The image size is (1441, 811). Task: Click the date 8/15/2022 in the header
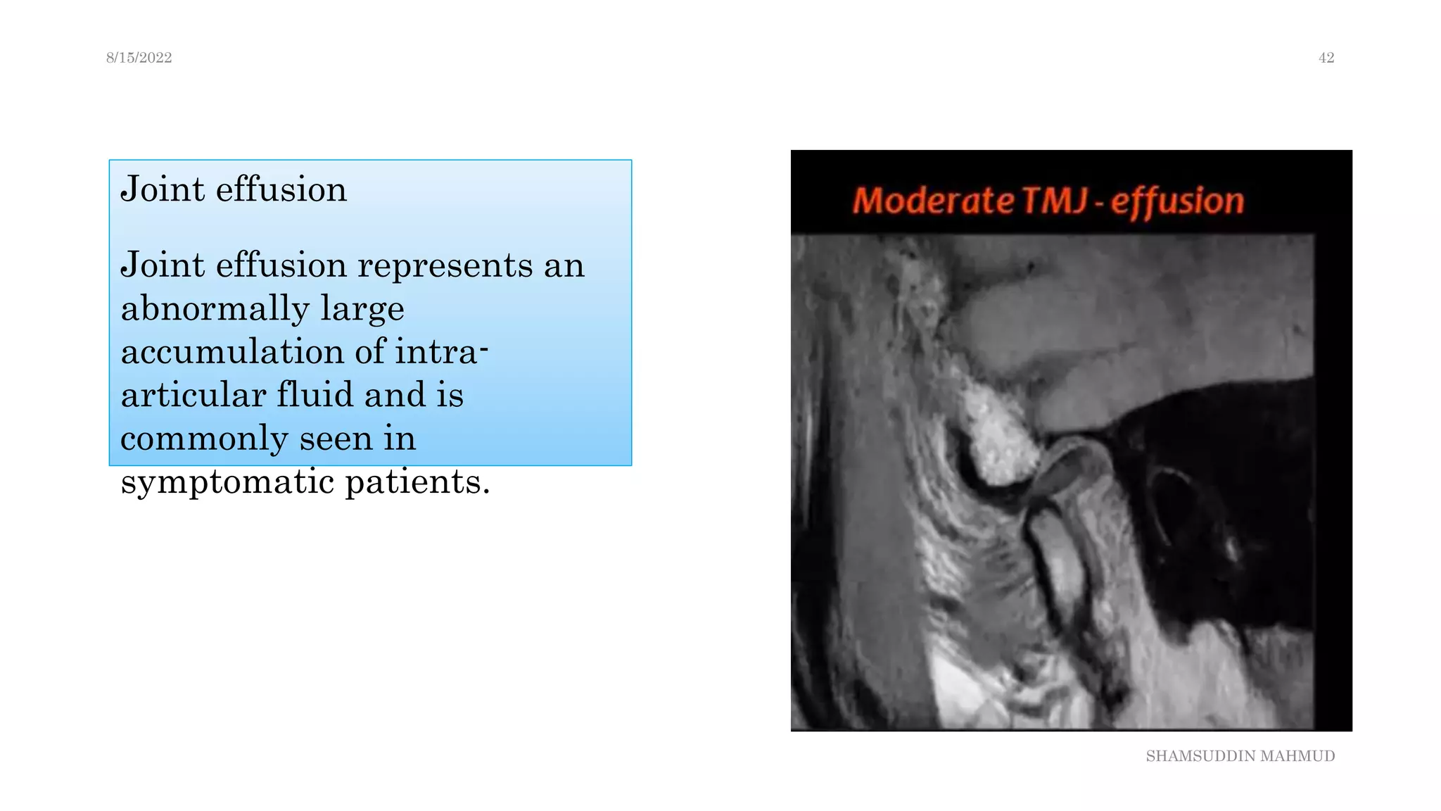139,58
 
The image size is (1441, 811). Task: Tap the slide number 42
1326,58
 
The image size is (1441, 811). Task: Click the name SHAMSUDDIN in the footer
1200,756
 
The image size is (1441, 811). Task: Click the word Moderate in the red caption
933,201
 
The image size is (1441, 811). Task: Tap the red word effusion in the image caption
1177,202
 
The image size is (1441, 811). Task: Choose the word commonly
203,439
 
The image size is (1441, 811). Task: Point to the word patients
417,482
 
